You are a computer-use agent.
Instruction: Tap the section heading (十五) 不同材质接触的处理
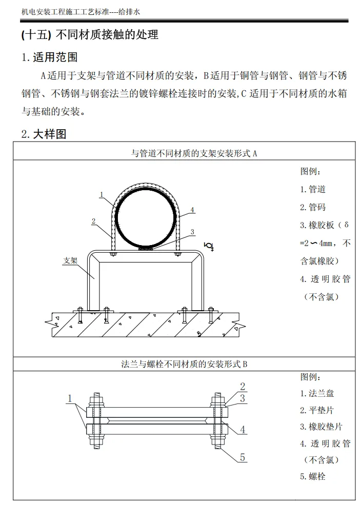click(90, 35)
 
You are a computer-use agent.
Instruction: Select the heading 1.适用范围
click(49, 56)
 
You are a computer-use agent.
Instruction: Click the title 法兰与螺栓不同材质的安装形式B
click(184, 365)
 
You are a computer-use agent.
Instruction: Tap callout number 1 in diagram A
click(102, 194)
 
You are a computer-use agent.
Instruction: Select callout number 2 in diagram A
click(93, 221)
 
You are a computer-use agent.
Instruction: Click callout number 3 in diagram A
click(192, 232)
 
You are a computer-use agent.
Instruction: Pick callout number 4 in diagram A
click(191, 210)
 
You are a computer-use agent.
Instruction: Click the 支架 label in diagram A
click(70, 260)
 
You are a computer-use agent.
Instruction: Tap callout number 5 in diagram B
click(243, 457)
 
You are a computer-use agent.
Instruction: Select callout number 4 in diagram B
click(243, 429)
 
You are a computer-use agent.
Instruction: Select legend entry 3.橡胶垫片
click(321, 427)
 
